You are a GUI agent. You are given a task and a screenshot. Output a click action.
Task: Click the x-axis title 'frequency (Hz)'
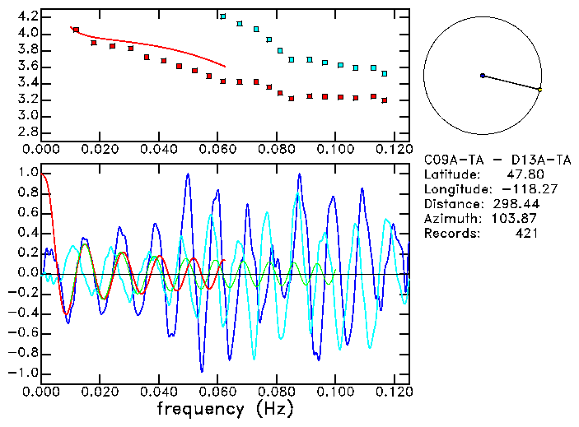point(224,408)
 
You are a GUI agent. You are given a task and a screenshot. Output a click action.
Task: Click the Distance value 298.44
point(516,204)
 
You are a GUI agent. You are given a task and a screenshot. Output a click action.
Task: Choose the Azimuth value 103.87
point(516,219)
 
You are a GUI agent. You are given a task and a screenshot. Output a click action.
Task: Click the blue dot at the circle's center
point(483,76)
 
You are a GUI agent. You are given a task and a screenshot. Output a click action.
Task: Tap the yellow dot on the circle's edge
point(539,89)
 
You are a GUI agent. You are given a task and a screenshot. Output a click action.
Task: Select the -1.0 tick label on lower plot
point(24,373)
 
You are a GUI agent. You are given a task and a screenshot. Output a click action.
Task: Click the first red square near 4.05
point(76,30)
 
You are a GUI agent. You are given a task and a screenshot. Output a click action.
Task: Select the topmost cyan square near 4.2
point(223,16)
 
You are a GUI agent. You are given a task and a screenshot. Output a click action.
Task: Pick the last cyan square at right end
point(384,74)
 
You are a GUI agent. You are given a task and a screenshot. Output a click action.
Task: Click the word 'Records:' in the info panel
point(451,234)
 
